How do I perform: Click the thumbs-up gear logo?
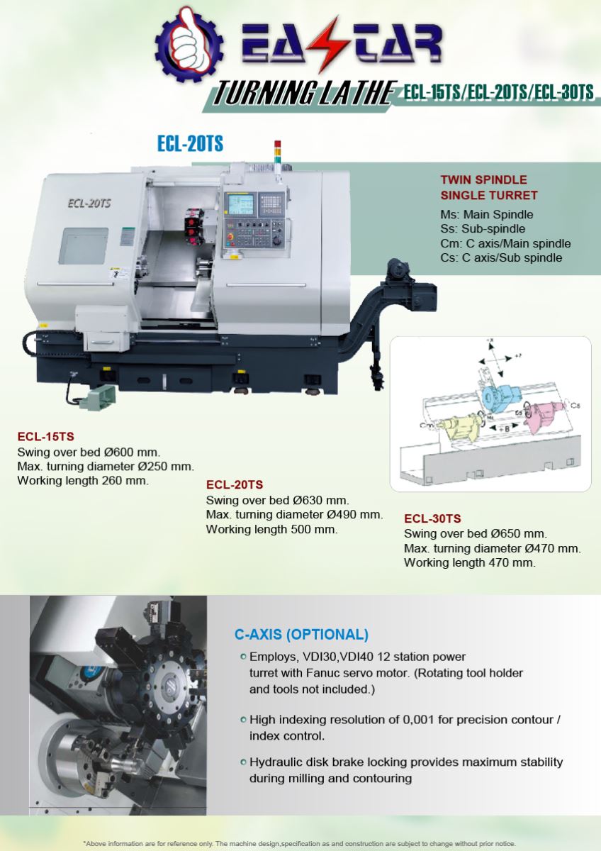click(x=189, y=43)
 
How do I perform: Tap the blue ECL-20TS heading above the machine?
click(x=190, y=144)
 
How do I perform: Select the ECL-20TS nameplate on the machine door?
click(x=89, y=202)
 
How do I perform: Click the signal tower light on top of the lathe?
click(x=278, y=154)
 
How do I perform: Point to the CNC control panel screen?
click(x=240, y=204)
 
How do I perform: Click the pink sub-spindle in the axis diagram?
click(x=544, y=416)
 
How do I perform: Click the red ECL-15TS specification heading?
click(x=45, y=436)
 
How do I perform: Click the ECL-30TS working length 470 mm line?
click(x=469, y=562)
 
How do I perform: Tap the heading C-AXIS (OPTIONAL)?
click(x=301, y=634)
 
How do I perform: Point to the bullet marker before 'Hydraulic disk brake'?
click(x=243, y=762)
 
